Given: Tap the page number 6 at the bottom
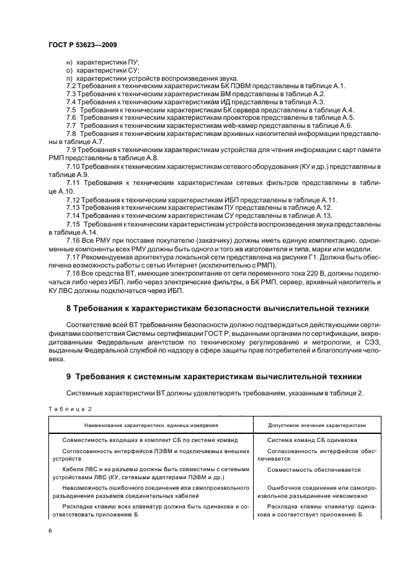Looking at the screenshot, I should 50,529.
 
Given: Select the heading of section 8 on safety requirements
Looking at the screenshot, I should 218,308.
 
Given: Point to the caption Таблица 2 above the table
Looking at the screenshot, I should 69,408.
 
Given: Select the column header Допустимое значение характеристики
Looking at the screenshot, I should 316,425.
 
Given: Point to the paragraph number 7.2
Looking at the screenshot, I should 71,85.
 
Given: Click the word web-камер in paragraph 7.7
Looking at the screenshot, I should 235,125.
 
